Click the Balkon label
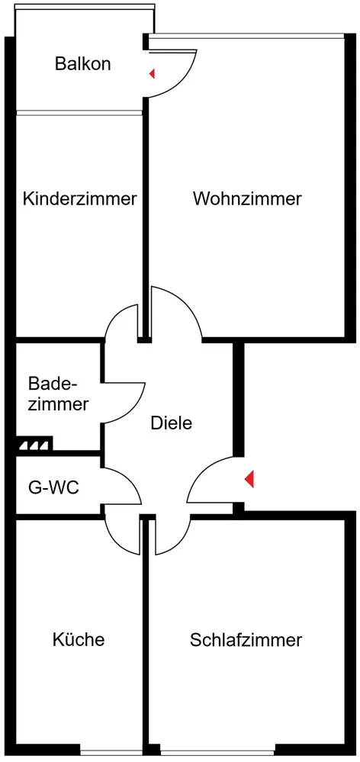(x=82, y=63)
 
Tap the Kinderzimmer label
(x=79, y=199)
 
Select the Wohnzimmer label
(x=247, y=199)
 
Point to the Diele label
(x=172, y=423)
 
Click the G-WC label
(x=53, y=487)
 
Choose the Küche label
(x=79, y=639)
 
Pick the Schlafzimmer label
(x=246, y=640)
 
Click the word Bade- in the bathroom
(x=53, y=384)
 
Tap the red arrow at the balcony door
(x=152, y=74)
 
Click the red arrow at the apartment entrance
(x=249, y=480)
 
